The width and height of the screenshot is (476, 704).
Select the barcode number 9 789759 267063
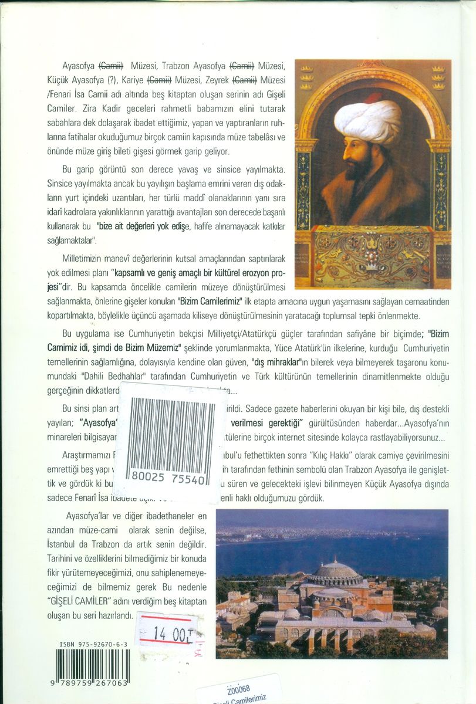[x=93, y=687]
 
